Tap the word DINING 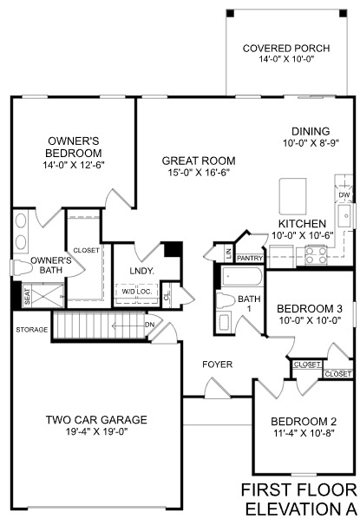click(x=310, y=131)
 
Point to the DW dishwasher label click(x=344, y=195)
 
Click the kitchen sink click(x=345, y=218)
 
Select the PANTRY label click(x=250, y=258)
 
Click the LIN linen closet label click(x=228, y=253)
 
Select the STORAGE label click(x=30, y=330)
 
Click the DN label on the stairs click(x=149, y=325)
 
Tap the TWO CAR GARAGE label click(x=95, y=420)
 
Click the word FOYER click(x=218, y=365)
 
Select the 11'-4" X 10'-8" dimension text click(x=303, y=437)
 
